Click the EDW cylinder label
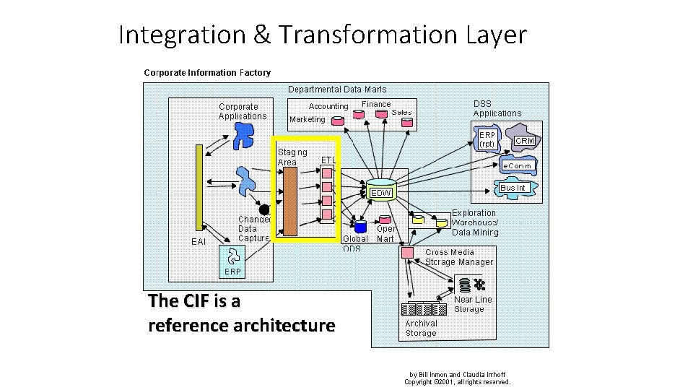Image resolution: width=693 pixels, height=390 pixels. (381, 193)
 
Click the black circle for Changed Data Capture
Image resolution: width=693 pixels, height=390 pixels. (265, 210)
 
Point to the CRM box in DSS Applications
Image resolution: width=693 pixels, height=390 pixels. (525, 141)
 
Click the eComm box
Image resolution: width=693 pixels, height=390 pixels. (518, 166)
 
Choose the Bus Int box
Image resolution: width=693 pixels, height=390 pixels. (513, 188)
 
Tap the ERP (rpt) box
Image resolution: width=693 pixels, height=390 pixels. (487, 139)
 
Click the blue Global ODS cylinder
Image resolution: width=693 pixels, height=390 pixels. (360, 227)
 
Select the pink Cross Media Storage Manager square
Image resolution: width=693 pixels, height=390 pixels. (407, 253)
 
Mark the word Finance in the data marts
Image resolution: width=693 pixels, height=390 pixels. (376, 104)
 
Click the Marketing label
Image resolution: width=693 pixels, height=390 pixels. (308, 120)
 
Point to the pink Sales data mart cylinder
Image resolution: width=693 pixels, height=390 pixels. (408, 123)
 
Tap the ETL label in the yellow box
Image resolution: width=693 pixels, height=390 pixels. (328, 160)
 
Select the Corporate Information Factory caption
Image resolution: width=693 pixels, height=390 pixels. (207, 72)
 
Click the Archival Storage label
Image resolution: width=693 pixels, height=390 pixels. (421, 329)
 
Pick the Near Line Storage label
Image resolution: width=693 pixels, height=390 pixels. (472, 304)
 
